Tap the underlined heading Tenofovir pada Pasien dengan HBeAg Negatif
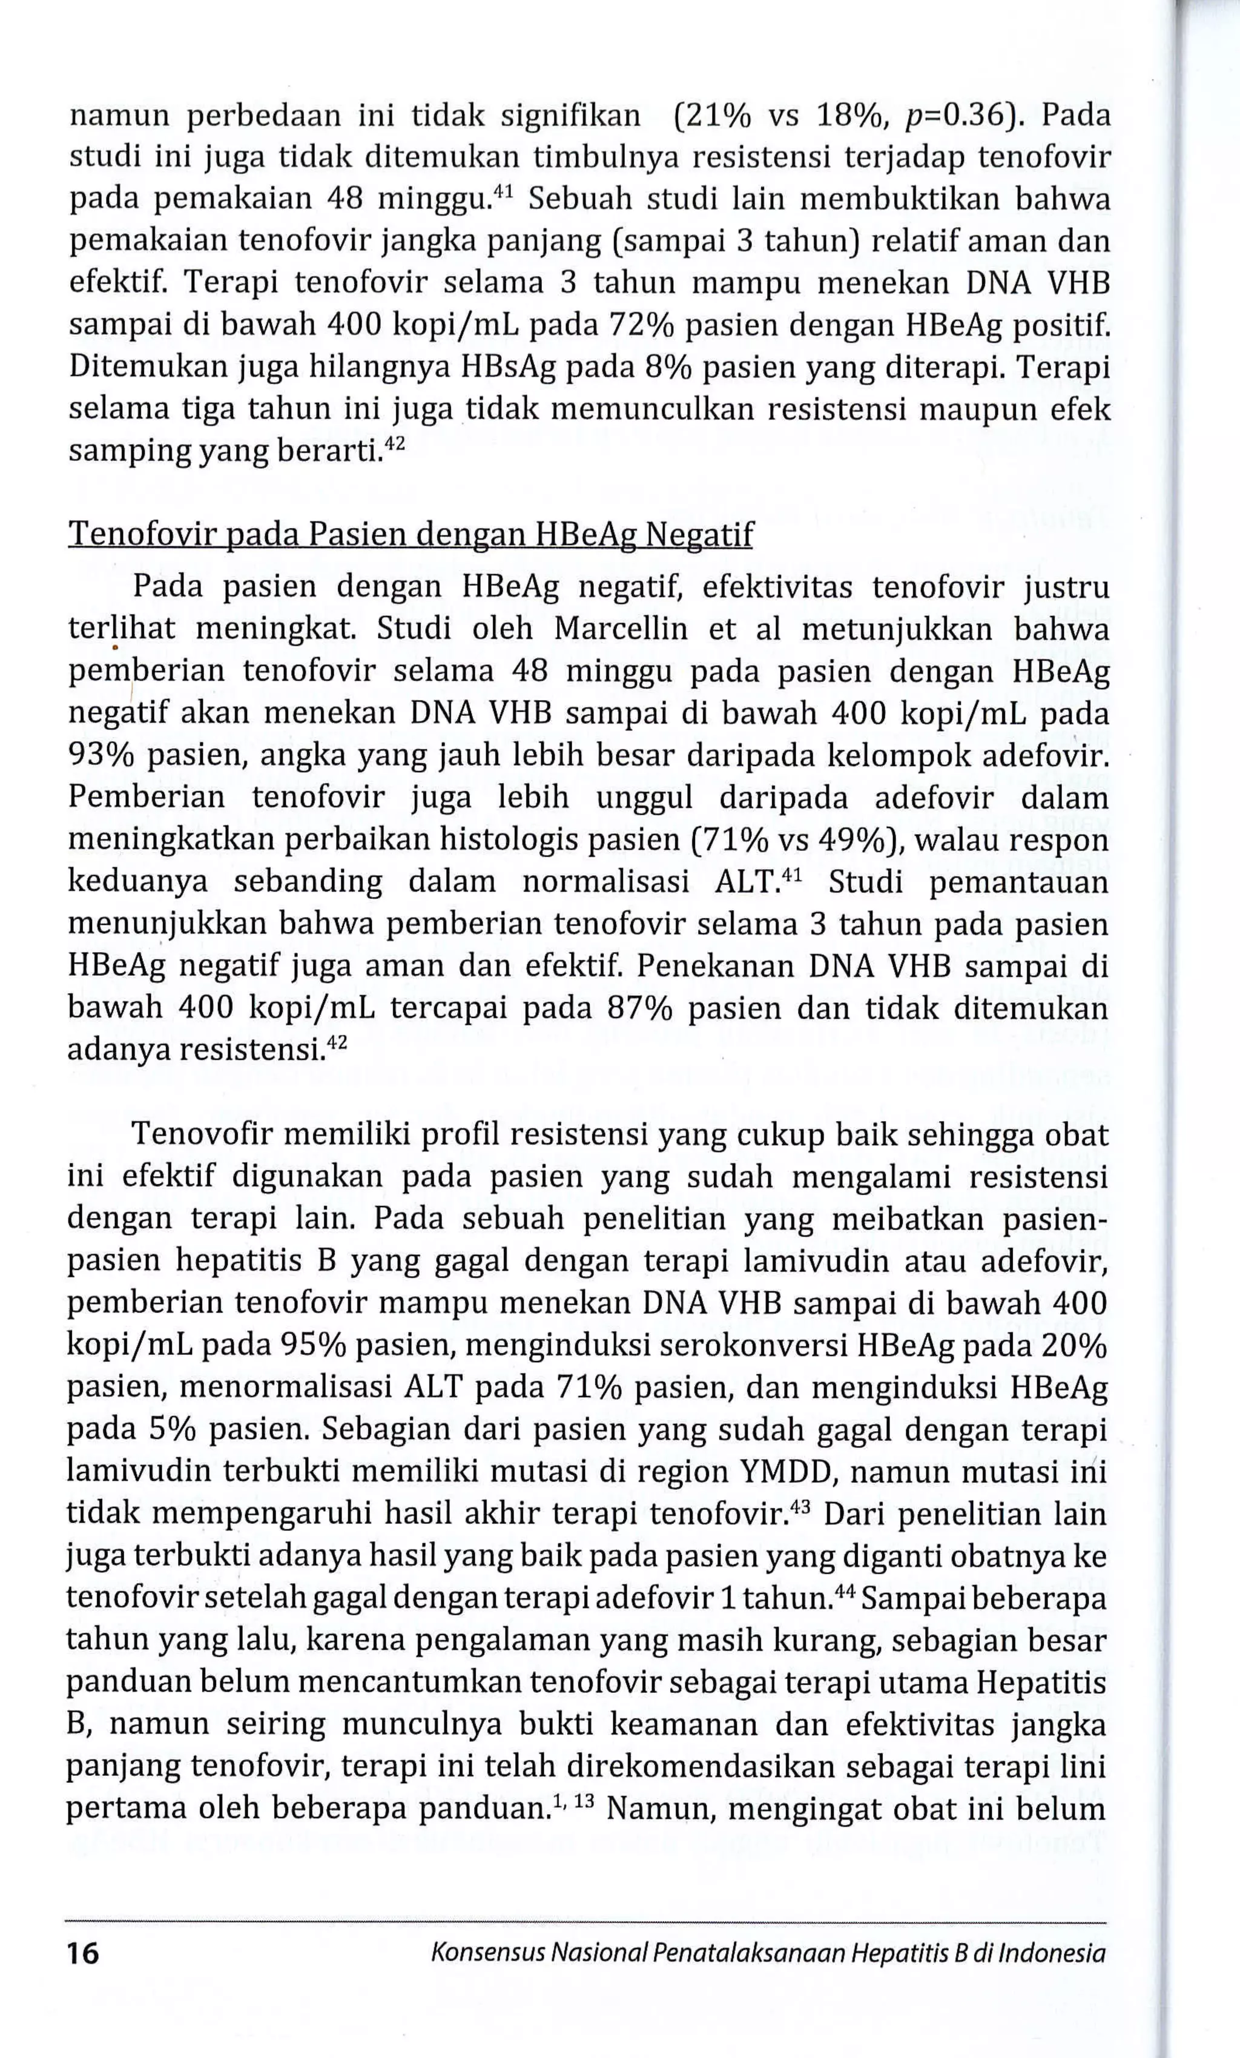click(x=410, y=535)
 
